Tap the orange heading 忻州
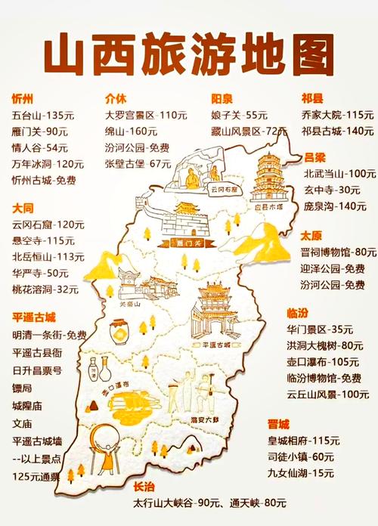(x=23, y=99)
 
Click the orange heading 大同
(x=23, y=207)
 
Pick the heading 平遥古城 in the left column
(x=34, y=317)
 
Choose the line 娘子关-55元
(x=239, y=115)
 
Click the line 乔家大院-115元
(x=337, y=115)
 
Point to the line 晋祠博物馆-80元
(x=338, y=252)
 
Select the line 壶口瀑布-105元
(x=322, y=361)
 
